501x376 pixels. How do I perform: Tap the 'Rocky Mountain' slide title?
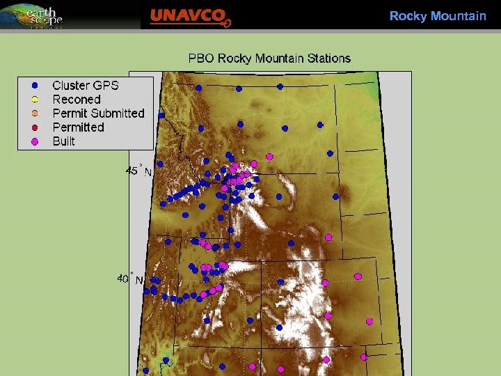pyautogui.click(x=438, y=15)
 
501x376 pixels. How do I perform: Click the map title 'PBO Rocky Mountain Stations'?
pyautogui.click(x=269, y=58)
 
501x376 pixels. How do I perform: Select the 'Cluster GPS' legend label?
pyautogui.click(x=86, y=86)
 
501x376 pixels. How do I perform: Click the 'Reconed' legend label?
pyautogui.click(x=77, y=100)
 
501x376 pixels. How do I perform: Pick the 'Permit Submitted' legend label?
pyautogui.click(x=98, y=113)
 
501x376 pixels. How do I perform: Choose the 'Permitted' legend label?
pyautogui.click(x=78, y=127)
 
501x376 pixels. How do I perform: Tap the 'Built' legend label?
pyautogui.click(x=63, y=141)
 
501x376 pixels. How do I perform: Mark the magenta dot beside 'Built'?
pyautogui.click(x=35, y=141)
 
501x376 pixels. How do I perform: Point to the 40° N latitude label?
pyautogui.click(x=130, y=279)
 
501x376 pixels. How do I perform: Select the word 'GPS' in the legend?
pyautogui.click(x=106, y=86)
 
